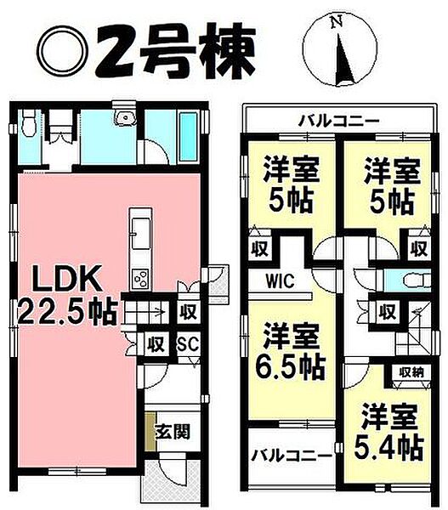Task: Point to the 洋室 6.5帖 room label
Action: (x=292, y=350)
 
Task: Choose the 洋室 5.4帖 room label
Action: (x=388, y=433)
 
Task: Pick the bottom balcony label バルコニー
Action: (x=291, y=456)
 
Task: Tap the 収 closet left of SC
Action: (x=156, y=344)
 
